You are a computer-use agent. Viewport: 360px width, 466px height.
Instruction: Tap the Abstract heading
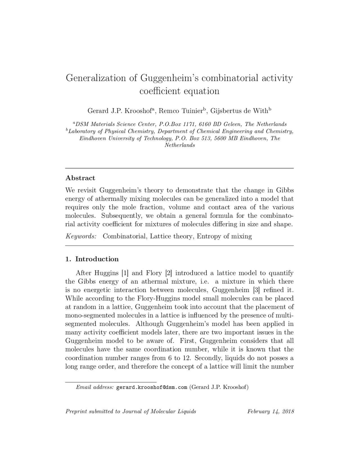pos(80,178)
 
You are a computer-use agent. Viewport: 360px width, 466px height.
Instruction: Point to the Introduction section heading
pos(97,259)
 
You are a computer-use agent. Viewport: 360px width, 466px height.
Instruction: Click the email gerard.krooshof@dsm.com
pos(152,387)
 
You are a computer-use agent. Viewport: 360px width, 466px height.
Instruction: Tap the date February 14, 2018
pos(271,412)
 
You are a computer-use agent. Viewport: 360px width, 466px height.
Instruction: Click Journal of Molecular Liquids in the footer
pos(159,412)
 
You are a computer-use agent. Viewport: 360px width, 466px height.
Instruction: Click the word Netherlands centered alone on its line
pos(179,145)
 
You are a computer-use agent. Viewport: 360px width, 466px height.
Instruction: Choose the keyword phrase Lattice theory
pos(172,236)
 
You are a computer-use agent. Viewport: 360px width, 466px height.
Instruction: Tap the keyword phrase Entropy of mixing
pos(224,236)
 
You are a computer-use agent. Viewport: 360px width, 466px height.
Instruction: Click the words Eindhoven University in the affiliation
pos(107,138)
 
